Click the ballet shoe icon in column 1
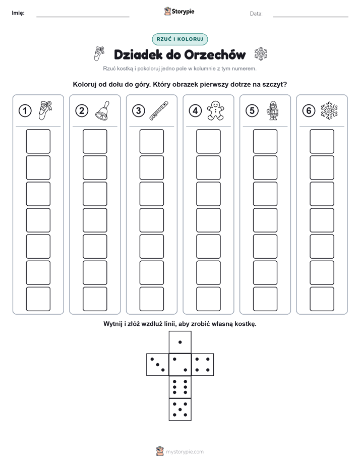[x=45, y=110]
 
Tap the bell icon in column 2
[x=102, y=110]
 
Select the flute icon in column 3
[x=159, y=110]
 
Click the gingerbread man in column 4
[x=216, y=110]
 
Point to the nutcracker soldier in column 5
[x=272, y=110]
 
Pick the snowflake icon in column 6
[x=329, y=110]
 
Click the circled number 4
[x=195, y=111]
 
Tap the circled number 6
[x=309, y=111]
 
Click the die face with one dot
[x=180, y=342]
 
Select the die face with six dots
[x=180, y=387]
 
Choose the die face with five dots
[x=180, y=410]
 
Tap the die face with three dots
[x=158, y=365]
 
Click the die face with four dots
[x=203, y=365]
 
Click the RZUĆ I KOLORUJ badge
[x=180, y=39]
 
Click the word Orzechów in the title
[x=215, y=54]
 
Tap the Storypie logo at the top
[x=179, y=12]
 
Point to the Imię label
[x=18, y=13]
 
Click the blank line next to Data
[x=311, y=17]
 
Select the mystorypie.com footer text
[x=185, y=452]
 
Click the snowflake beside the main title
[x=261, y=54]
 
